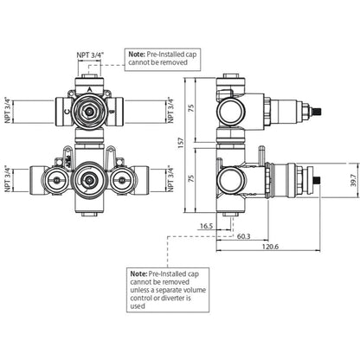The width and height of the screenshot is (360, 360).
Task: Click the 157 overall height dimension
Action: point(181,143)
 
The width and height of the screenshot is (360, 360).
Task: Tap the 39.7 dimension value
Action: point(354,180)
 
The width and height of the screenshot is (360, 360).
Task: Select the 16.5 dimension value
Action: point(206,226)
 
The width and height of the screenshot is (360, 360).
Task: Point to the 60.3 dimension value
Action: point(244,236)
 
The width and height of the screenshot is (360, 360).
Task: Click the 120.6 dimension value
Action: point(270,247)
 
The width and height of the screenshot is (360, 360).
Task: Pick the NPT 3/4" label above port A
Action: point(89,55)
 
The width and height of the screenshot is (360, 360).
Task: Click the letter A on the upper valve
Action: point(89,90)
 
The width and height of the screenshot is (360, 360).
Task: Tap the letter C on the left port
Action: point(67,112)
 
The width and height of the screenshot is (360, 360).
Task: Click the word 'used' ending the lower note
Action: point(138,306)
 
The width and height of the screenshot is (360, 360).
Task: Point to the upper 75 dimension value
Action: point(191,108)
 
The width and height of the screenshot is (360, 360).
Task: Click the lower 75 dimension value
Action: point(191,179)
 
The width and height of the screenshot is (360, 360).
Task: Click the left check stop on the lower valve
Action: point(57,181)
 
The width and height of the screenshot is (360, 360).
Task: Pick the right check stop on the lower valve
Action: point(122,181)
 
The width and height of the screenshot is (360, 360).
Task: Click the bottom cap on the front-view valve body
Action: point(89,215)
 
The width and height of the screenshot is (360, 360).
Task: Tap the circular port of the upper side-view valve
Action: point(231,111)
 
